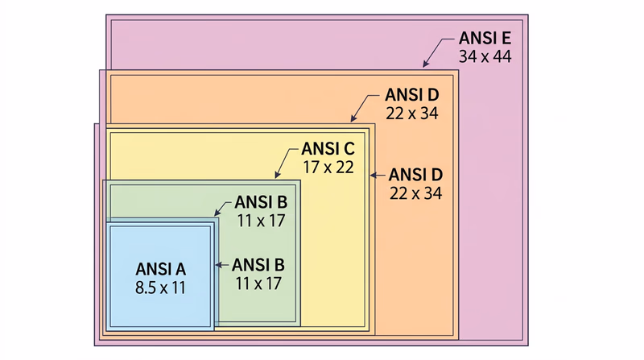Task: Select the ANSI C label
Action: tap(327, 150)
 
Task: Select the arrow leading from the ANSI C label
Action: tap(286, 160)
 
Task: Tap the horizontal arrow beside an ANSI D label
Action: tap(378, 174)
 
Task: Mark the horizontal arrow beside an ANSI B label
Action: tap(221, 264)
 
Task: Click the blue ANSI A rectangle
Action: tap(161, 314)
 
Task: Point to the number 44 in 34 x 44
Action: tap(501, 57)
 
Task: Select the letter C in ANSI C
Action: tap(348, 150)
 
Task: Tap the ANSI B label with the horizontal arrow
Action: tap(258, 264)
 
